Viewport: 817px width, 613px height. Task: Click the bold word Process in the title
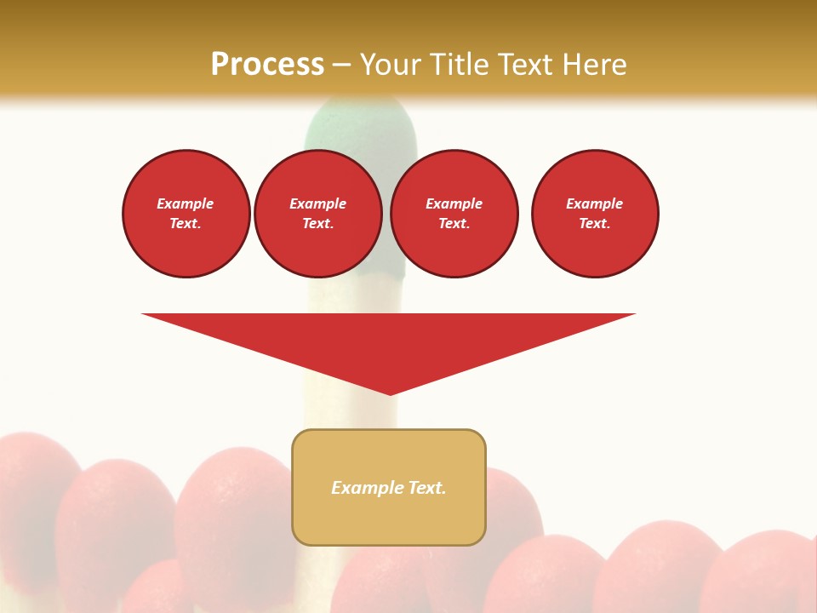tap(267, 65)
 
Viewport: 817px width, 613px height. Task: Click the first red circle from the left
tap(186, 214)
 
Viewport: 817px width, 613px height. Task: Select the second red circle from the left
tap(318, 214)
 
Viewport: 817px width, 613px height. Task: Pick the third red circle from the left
tap(454, 214)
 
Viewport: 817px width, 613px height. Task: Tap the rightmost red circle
tap(595, 214)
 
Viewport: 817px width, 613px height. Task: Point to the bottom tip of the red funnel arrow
tap(390, 393)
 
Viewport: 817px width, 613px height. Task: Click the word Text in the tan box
tap(426, 488)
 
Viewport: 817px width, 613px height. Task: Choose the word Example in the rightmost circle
tap(595, 203)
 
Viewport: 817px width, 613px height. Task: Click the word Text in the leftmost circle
tap(185, 224)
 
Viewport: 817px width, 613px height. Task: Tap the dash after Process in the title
tap(341, 65)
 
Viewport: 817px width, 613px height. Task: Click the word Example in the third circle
tap(454, 203)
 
